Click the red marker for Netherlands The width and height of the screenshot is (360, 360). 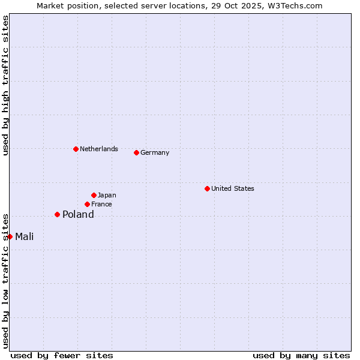pos(76,149)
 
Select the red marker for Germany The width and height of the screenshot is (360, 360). pos(136,152)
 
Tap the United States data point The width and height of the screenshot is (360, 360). pos(207,188)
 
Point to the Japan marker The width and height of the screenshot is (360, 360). pos(94,195)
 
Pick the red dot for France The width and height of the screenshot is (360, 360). pos(87,204)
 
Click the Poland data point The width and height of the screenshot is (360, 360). pos(57,214)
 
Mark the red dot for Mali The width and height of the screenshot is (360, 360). pos(10,236)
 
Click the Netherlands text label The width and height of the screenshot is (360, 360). pos(99,149)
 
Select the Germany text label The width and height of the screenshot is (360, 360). pos(155,152)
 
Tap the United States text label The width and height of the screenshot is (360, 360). pos(233,188)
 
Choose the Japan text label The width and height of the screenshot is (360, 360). pos(107,195)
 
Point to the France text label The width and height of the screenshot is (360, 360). pos(101,204)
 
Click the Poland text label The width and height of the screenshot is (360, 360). pos(78,214)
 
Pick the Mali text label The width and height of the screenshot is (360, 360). pos(25,236)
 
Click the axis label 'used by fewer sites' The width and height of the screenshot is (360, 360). pos(62,355)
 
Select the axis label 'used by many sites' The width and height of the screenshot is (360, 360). pos(301,355)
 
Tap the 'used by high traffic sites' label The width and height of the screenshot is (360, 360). pos(5,85)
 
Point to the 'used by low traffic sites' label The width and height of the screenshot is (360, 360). pos(5,281)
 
